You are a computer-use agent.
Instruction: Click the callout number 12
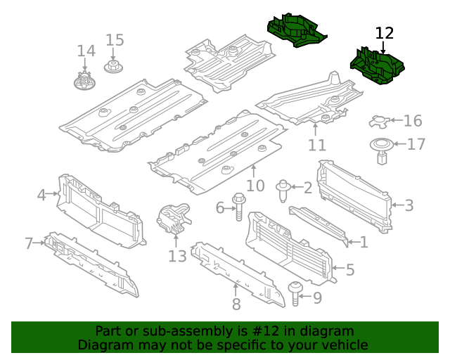pos(385,33)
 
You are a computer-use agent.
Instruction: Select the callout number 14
pos(86,51)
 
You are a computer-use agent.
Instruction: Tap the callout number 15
pos(115,40)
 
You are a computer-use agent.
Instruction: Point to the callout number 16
pos(413,121)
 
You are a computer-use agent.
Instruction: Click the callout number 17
pos(416,145)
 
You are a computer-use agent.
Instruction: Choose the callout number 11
pos(317,145)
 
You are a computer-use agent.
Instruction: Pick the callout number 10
pos(255,186)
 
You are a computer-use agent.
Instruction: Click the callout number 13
pos(177,256)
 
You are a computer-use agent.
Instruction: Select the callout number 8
pos(236,304)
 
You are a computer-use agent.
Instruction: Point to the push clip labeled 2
pos(283,188)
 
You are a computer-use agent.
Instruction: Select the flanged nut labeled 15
pos(112,67)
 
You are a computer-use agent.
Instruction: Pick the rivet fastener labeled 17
pos(381,150)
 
